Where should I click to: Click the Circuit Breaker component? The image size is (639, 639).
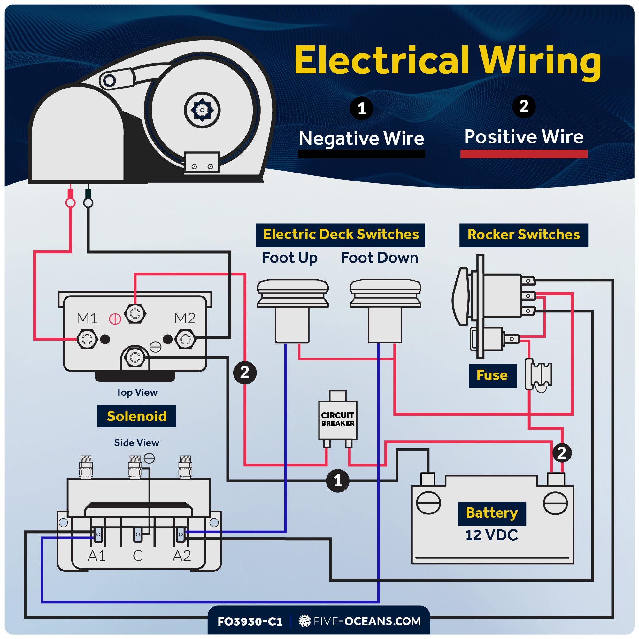(338, 420)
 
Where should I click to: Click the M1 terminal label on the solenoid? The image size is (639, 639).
(87, 318)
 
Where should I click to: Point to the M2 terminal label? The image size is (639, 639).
(185, 318)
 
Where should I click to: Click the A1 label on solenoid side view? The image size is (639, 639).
(96, 556)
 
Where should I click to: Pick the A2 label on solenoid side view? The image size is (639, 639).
(182, 556)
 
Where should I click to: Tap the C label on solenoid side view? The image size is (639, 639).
(138, 556)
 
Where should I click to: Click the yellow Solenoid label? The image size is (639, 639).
(137, 416)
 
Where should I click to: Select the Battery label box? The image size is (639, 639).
(492, 513)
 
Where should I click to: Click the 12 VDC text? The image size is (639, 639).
(491, 535)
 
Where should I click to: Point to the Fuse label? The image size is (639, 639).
(492, 375)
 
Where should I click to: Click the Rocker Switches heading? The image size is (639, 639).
(524, 235)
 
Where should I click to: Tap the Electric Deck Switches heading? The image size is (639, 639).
(340, 235)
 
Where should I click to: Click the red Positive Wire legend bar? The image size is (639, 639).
(524, 154)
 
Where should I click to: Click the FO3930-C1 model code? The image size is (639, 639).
(250, 621)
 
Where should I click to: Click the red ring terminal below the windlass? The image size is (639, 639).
(70, 203)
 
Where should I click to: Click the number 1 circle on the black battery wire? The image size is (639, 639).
(338, 481)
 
